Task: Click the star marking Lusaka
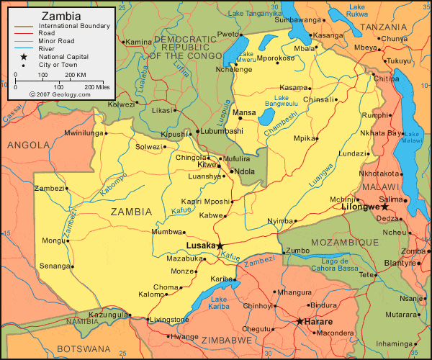(220, 246)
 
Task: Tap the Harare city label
(318, 321)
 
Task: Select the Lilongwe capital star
(385, 207)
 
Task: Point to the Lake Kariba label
(220, 303)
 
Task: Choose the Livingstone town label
(171, 320)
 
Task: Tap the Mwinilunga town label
(84, 133)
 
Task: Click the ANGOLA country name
(29, 145)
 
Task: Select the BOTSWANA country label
(33, 349)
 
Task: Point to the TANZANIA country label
(384, 27)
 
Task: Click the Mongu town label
(52, 240)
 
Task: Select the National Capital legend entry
(65, 56)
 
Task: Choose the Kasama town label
(293, 87)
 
